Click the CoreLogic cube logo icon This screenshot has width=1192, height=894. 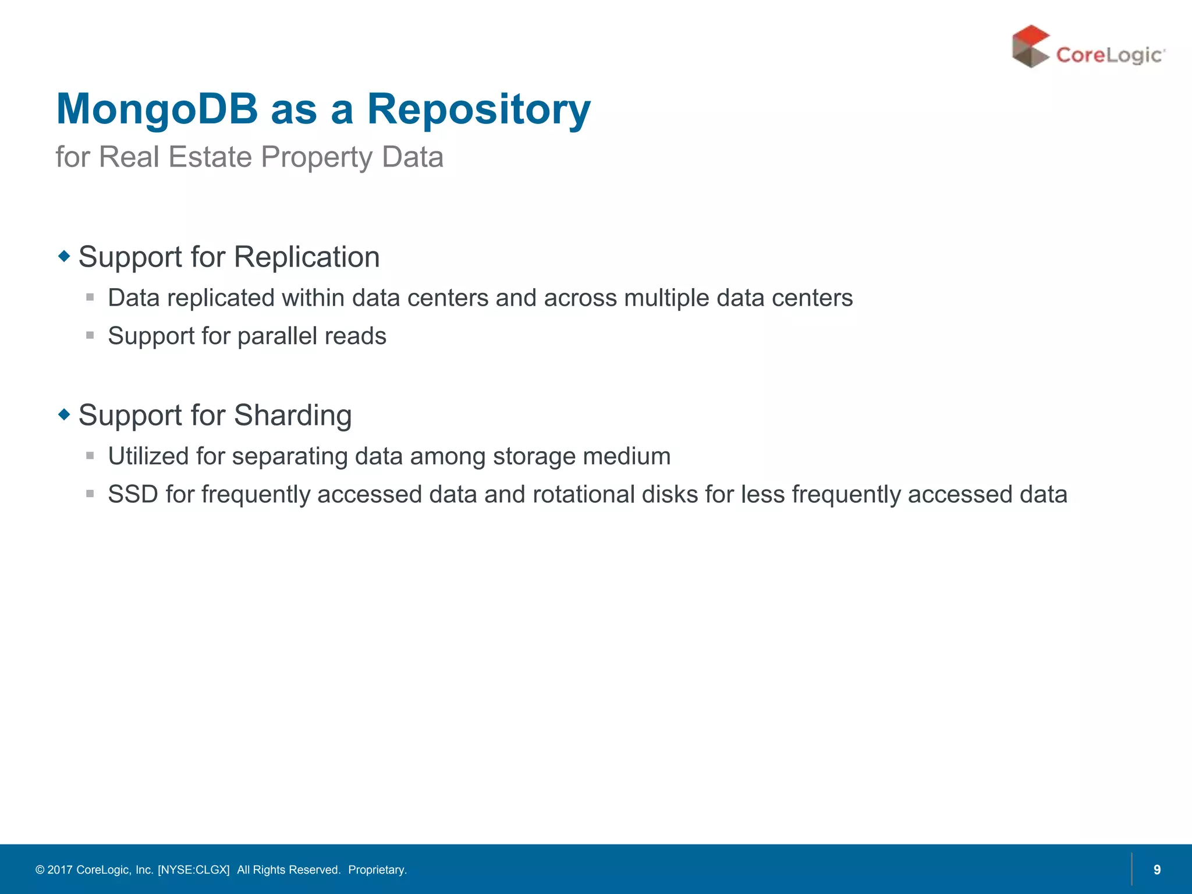pyautogui.click(x=1030, y=47)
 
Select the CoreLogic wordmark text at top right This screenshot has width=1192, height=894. pyautogui.click(x=1109, y=55)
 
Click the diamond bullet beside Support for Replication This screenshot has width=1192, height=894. pyautogui.click(x=64, y=256)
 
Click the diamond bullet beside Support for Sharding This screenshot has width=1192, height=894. pyautogui.click(x=64, y=414)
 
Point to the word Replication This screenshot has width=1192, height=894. pyautogui.click(x=307, y=257)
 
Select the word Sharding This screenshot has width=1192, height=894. pyautogui.click(x=293, y=416)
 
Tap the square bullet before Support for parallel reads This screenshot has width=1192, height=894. pyautogui.click(x=90, y=335)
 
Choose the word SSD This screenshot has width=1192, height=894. pyautogui.click(x=133, y=495)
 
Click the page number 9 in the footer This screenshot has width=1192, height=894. pyautogui.click(x=1157, y=870)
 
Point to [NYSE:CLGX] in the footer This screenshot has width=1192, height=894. pyautogui.click(x=194, y=870)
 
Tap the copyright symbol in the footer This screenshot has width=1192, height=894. pyautogui.click(x=40, y=870)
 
